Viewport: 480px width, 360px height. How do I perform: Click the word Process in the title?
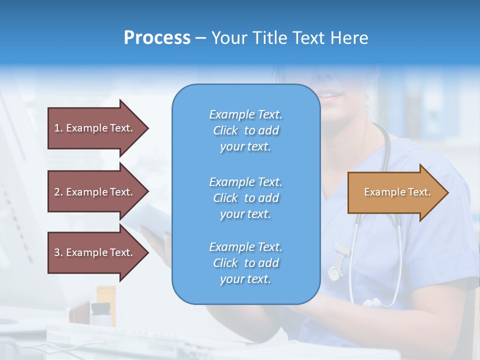[157, 38]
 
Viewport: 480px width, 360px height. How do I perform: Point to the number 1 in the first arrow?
[57, 128]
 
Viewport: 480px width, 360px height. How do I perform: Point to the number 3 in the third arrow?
[57, 252]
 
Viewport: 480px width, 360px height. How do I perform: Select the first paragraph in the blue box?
[245, 130]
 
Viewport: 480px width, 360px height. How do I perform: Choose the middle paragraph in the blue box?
[245, 198]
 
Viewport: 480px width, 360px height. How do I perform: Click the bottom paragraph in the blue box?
[245, 263]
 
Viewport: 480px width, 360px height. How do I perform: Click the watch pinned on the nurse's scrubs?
[334, 272]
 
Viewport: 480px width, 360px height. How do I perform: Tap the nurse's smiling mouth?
[330, 94]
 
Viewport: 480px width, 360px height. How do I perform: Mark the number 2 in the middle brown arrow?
[57, 192]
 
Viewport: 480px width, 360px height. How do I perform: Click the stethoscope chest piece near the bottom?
[372, 302]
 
